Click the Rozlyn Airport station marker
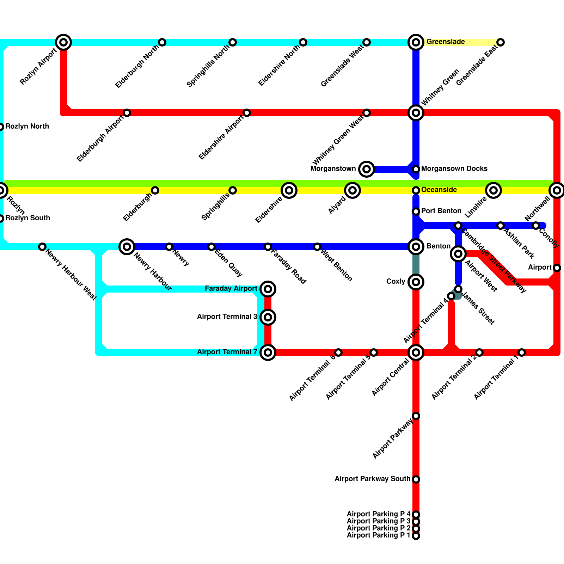pos(63,42)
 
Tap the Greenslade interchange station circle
pos(416,42)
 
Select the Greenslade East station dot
pos(501,42)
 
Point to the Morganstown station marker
pos(367,169)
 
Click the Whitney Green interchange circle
pos(416,113)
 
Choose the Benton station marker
pos(416,247)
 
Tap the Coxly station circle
pos(416,282)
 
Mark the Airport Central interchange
pos(416,352)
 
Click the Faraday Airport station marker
pos(268,289)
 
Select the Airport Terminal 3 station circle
pos(268,317)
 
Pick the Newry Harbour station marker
pos(127,247)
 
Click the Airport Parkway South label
pos(372,479)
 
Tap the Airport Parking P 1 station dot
pos(416,536)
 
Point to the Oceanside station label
pos(439,190)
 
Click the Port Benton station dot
pos(416,211)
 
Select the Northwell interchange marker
pos(557,190)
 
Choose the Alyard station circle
pos(352,190)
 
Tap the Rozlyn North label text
pos(27,127)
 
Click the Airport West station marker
pos(458,254)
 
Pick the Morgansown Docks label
pos(454,169)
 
